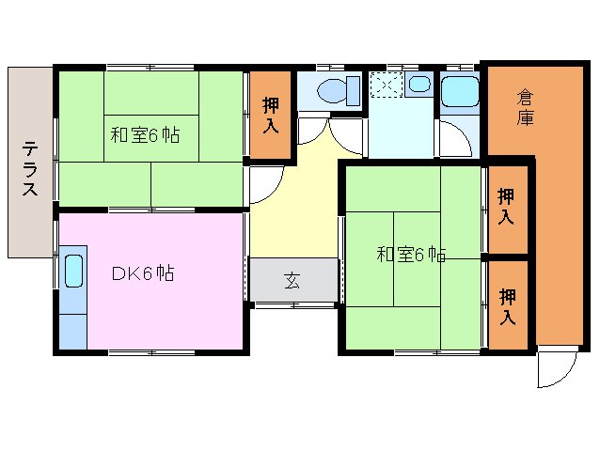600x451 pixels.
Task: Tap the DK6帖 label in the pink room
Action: pyautogui.click(x=143, y=273)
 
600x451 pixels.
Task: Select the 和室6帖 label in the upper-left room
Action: pyautogui.click(x=145, y=134)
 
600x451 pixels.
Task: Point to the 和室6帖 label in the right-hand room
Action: pyautogui.click(x=411, y=254)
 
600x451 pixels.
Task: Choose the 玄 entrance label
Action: pyautogui.click(x=292, y=280)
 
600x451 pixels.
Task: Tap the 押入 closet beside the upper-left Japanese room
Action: pyautogui.click(x=270, y=115)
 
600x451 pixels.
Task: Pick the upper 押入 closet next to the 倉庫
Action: pyautogui.click(x=506, y=207)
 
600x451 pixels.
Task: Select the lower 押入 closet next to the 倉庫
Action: pyautogui.click(x=506, y=305)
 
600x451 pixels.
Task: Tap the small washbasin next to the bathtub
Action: pyautogui.click(x=420, y=86)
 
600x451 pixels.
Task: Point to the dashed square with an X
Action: pyautogui.click(x=386, y=85)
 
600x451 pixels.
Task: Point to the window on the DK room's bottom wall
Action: pyautogui.click(x=150, y=352)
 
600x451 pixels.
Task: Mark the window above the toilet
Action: pyautogui.click(x=328, y=67)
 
